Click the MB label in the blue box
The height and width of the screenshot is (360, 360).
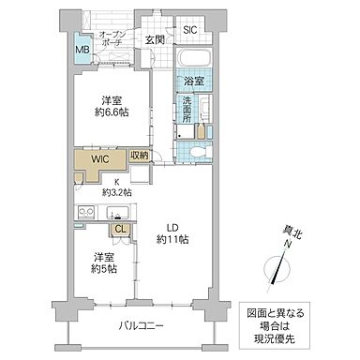coord(82,49)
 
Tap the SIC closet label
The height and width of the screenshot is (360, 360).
coord(190,30)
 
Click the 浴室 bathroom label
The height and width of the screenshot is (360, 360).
coord(194,82)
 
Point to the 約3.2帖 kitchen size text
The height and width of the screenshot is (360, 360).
coord(117,191)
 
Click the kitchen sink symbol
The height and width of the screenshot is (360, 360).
coord(118,211)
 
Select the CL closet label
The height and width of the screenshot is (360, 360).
coord(120,229)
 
